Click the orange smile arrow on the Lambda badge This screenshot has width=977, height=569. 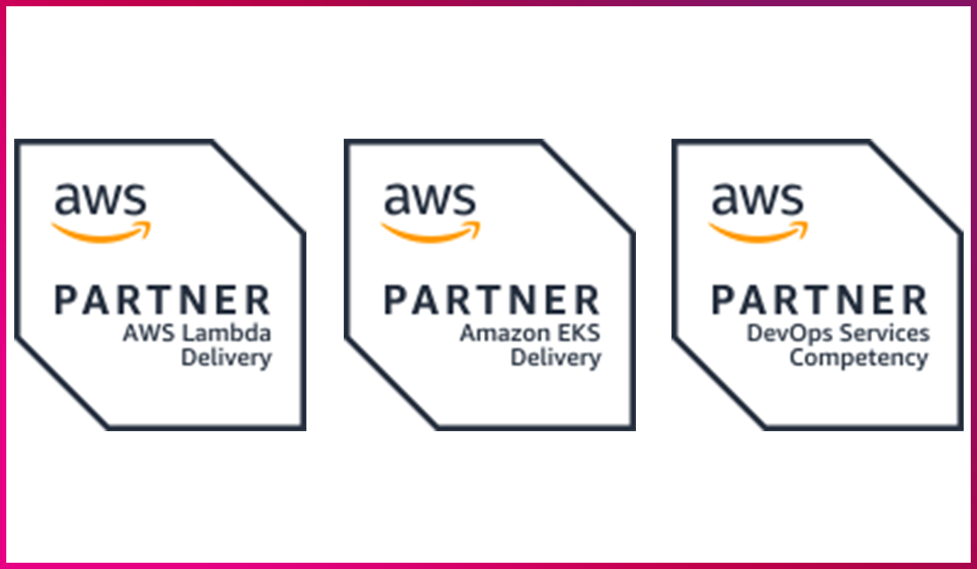(101, 231)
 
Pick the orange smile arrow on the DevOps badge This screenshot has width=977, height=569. (759, 231)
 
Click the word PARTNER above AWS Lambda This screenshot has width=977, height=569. (163, 301)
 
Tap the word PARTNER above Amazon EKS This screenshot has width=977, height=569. (491, 301)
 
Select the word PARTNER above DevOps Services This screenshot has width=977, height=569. (819, 301)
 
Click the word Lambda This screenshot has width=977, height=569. (239, 334)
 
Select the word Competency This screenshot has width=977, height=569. (859, 358)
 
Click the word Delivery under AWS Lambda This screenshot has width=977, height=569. (226, 358)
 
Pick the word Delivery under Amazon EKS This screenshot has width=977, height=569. (555, 358)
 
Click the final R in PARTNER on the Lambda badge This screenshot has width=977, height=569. (258, 301)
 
